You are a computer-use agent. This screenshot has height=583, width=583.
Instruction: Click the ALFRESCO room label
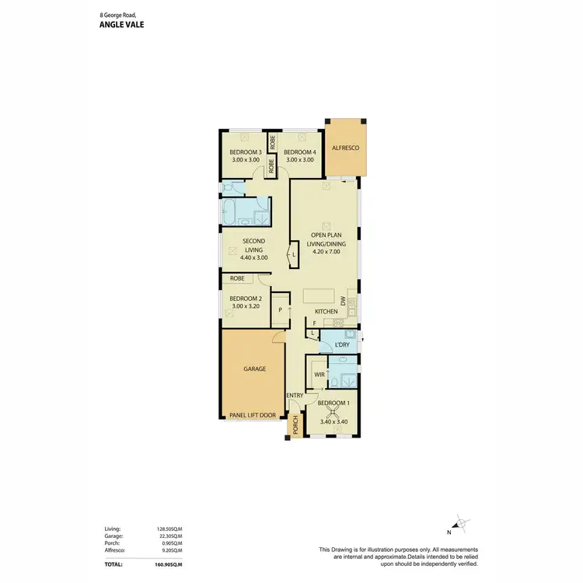pyautogui.click(x=345, y=147)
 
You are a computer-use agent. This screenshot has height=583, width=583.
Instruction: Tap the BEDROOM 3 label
pyautogui.click(x=243, y=152)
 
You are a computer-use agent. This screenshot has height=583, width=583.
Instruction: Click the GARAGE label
pyautogui.click(x=254, y=369)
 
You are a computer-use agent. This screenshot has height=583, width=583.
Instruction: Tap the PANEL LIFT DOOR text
pyautogui.click(x=253, y=416)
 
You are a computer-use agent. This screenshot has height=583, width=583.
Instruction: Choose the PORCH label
pyautogui.click(x=295, y=427)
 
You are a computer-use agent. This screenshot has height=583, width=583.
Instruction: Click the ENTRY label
pyautogui.click(x=295, y=396)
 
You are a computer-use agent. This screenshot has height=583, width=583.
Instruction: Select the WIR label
pyautogui.click(x=319, y=375)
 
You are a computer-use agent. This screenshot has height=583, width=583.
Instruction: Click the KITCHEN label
pyautogui.click(x=326, y=312)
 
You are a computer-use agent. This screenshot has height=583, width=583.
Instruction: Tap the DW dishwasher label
pyautogui.click(x=343, y=300)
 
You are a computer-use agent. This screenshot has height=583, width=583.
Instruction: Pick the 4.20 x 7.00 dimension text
pyautogui.click(x=328, y=251)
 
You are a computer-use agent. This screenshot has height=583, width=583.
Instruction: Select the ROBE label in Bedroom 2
pyautogui.click(x=238, y=278)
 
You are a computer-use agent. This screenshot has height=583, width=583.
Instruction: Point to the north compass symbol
pyautogui.click(x=460, y=525)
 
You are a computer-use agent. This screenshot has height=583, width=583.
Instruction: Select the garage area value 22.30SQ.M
pyautogui.click(x=169, y=536)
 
